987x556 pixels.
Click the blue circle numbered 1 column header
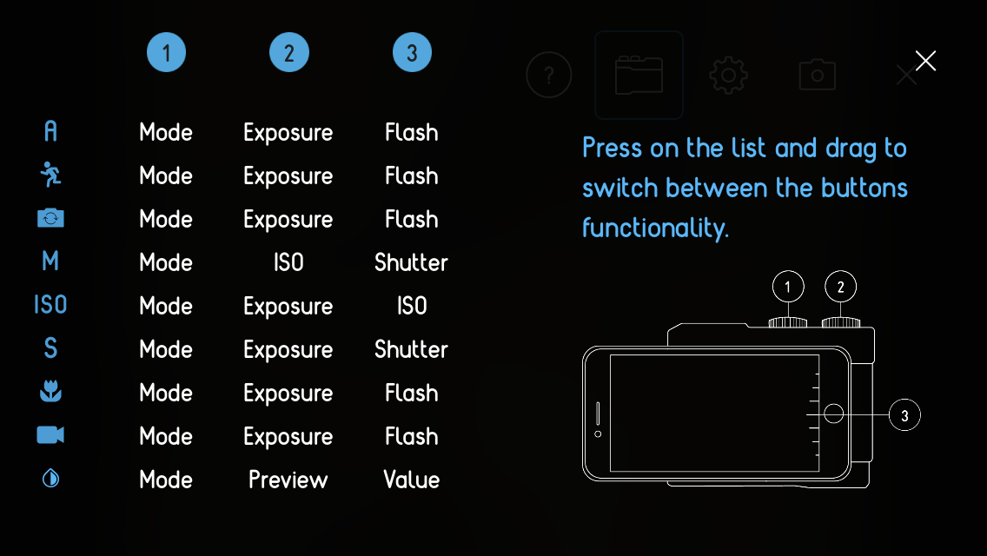166,52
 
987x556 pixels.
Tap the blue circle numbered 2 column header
289,52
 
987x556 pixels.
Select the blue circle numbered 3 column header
413,52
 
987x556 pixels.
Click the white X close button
925,61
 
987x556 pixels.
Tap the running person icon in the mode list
50,175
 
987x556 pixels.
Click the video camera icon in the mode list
50,435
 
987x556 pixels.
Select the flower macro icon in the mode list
50,391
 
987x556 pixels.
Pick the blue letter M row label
50,261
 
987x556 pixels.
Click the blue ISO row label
50,305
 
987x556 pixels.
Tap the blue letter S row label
50,348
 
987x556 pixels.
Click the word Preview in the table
288,480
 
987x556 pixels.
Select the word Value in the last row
412,480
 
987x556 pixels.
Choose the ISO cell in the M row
288,262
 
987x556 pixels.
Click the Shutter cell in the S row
411,349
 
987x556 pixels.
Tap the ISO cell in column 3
412,306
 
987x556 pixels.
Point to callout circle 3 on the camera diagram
904,415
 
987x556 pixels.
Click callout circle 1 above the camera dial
788,287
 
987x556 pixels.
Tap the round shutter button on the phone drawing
833,414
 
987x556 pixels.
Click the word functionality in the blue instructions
655,228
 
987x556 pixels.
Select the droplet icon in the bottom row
50,479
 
